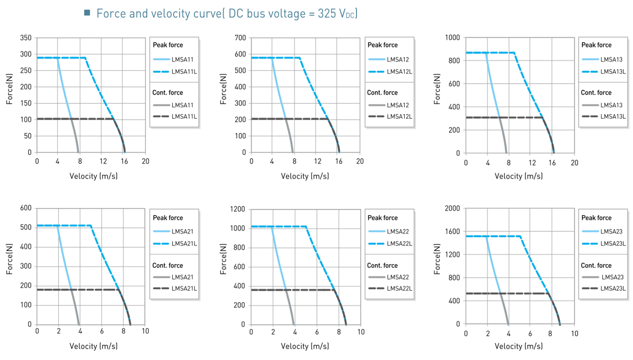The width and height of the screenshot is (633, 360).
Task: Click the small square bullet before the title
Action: click(x=87, y=13)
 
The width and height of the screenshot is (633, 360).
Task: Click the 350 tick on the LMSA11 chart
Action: click(x=26, y=38)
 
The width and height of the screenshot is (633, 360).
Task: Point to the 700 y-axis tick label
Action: click(x=240, y=38)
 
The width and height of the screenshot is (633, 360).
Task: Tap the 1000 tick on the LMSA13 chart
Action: click(x=453, y=38)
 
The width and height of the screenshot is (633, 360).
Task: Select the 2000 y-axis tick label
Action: click(x=452, y=208)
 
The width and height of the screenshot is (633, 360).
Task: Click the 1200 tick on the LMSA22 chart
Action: click(x=238, y=209)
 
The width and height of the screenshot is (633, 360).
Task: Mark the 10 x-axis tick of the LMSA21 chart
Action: click(x=145, y=332)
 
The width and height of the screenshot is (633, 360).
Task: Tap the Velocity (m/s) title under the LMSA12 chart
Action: click(x=305, y=176)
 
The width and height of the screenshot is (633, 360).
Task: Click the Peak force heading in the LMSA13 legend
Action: click(x=596, y=45)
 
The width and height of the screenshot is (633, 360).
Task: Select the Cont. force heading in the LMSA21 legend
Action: click(x=168, y=265)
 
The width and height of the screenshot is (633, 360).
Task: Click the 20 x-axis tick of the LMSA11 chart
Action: click(x=145, y=161)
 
